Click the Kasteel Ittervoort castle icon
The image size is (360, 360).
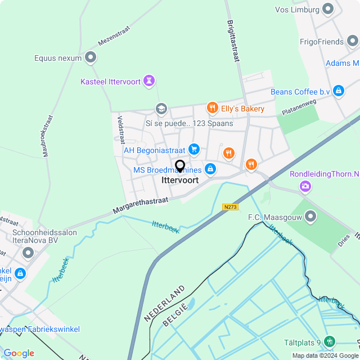(149, 81)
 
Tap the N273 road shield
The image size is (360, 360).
(231, 207)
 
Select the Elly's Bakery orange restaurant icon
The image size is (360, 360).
(212, 108)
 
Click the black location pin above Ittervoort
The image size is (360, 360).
(180, 166)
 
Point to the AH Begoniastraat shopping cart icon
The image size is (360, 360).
(194, 149)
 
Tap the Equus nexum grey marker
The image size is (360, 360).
(91, 57)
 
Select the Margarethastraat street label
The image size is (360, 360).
(140, 205)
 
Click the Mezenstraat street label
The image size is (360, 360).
(114, 35)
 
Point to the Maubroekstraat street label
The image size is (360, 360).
(47, 136)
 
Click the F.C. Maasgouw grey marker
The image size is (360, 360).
(310, 217)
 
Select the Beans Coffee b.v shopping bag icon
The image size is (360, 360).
(338, 91)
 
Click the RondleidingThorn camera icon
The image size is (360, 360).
(305, 186)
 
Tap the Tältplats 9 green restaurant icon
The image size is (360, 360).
(329, 341)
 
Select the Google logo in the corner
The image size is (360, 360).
(19, 353)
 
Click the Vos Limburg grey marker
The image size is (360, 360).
(328, 9)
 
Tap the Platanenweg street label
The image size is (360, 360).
(300, 109)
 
